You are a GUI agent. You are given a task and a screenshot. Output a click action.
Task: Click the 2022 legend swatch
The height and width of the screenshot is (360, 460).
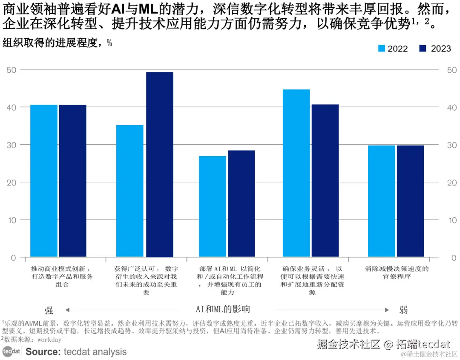point(382,49)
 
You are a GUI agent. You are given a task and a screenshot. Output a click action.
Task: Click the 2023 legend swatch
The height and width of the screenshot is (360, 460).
point(423,49)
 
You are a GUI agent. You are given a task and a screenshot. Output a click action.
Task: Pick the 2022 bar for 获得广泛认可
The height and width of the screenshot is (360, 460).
point(130,191)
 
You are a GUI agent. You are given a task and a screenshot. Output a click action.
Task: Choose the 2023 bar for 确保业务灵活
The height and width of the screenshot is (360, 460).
point(325,181)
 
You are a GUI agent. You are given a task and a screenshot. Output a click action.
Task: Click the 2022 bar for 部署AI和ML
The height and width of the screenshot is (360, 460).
point(213,207)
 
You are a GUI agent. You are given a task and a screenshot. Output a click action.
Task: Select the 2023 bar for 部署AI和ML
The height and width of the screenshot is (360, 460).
point(241,204)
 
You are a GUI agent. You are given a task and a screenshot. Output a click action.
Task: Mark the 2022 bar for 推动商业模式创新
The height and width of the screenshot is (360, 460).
point(44,181)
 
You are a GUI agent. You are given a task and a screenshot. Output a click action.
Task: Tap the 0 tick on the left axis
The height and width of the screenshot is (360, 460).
point(13,257)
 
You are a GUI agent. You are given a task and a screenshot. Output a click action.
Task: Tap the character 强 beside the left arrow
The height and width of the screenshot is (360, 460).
point(49,310)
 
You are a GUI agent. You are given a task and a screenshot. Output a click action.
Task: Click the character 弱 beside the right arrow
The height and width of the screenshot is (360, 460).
point(404,310)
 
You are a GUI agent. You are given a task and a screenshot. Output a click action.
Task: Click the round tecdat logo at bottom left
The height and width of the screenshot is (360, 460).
point(11,351)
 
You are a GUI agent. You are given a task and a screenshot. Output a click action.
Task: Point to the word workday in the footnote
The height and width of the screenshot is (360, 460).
point(49,340)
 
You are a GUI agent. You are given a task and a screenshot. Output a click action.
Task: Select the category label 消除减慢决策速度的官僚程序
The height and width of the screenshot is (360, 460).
point(397,273)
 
